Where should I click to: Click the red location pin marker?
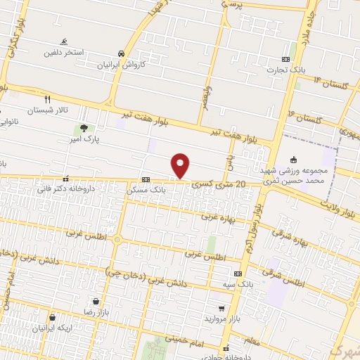181,165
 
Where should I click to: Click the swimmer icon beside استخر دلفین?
64,42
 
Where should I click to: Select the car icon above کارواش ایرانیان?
122,53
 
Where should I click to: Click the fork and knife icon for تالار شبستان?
48,99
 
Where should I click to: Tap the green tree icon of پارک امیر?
84,129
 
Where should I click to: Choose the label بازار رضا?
94,310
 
